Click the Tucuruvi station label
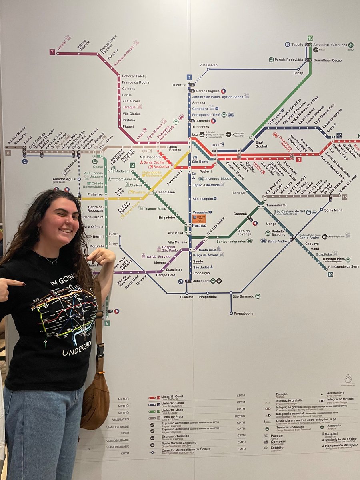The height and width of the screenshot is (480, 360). (x=179, y=85)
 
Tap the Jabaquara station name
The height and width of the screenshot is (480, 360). (x=201, y=281)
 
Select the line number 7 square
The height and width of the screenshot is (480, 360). (x=52, y=52)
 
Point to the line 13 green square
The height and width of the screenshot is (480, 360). (x=310, y=38)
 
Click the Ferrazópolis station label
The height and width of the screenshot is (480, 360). (x=243, y=313)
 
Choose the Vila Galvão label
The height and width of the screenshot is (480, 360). (x=208, y=65)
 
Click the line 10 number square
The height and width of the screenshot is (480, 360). (x=330, y=274)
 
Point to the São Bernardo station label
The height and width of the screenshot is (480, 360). (x=243, y=296)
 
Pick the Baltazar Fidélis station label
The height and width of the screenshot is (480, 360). (x=134, y=76)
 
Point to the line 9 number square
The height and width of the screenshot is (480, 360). (x=107, y=323)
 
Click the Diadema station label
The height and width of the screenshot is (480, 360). (x=186, y=297)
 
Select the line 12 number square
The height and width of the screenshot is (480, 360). (x=339, y=136)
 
